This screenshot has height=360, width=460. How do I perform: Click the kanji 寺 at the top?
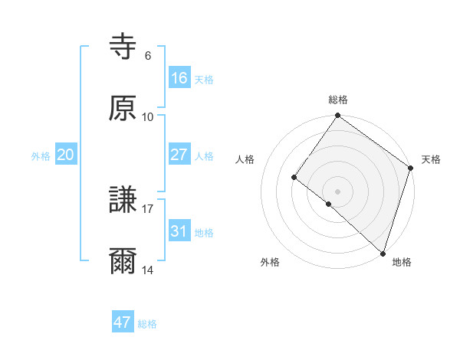pos(123,47)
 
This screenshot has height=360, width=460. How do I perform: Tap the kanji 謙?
pos(123,200)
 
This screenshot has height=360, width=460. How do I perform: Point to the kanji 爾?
pos(123,261)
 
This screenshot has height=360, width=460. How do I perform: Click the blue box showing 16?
pos(179,78)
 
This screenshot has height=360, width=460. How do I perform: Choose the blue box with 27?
pos(179,155)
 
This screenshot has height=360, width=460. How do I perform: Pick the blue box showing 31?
pos(179,231)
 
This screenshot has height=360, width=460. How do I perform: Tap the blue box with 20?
pos(66,155)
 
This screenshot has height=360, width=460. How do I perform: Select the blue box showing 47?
pos(123,322)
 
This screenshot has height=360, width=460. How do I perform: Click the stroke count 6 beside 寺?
pos(147,56)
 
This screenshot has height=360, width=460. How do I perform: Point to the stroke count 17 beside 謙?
pos(148,208)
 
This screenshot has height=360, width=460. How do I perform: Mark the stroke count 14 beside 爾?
pos(148,270)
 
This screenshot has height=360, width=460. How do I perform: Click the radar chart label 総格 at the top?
pos(338,100)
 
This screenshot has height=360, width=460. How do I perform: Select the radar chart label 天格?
pos(432,159)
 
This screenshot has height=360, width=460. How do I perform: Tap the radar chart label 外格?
pos(270,262)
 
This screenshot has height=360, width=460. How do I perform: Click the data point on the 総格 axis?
pos(338,116)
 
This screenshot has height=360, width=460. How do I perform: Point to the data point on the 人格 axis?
pos(294,177)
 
